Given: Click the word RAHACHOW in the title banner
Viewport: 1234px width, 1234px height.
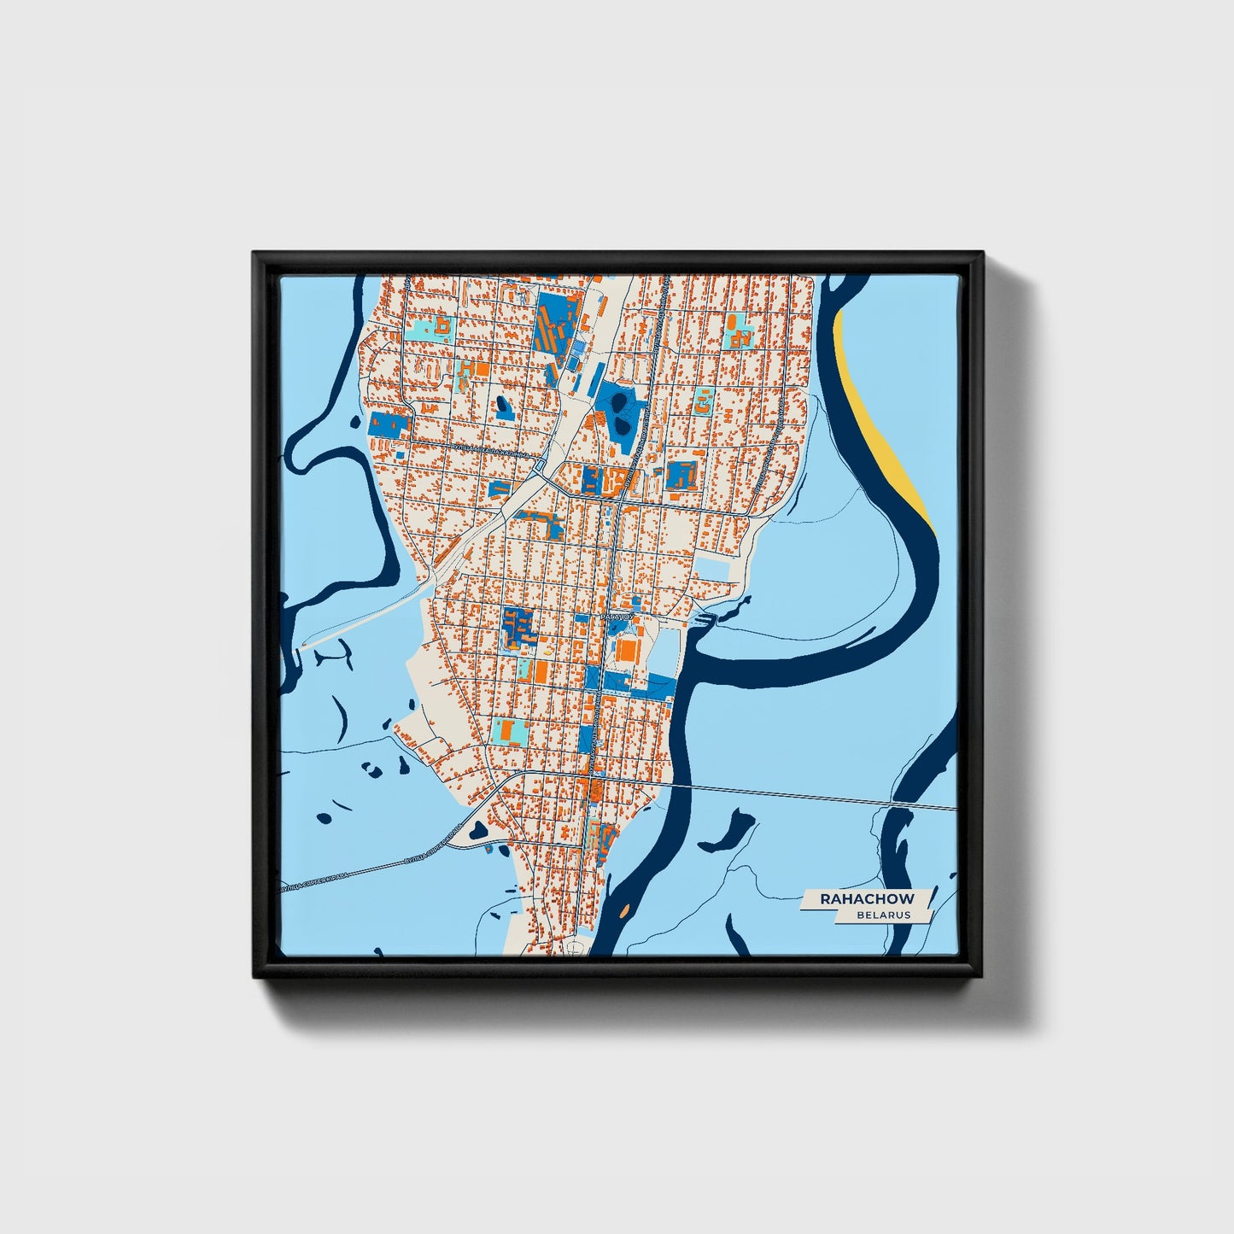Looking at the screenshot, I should [866, 898].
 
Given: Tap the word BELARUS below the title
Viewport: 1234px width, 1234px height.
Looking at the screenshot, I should [885, 915].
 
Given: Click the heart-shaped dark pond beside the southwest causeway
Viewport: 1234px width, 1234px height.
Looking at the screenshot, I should [477, 828].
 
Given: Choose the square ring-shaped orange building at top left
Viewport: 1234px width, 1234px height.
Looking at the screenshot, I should [442, 325].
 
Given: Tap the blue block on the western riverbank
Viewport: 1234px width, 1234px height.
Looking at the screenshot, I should [388, 424].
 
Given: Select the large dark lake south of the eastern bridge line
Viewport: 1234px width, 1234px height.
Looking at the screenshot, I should [729, 828].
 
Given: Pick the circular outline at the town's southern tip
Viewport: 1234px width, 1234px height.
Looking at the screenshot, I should [577, 947].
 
